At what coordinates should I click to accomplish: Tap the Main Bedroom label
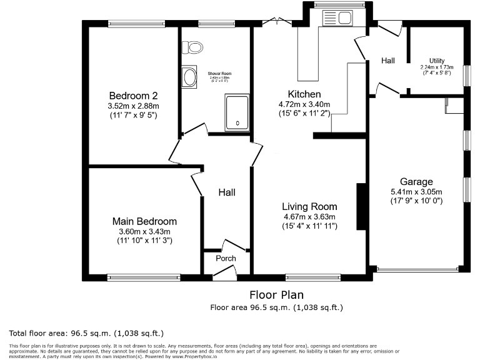(144, 221)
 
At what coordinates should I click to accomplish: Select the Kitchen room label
(304, 94)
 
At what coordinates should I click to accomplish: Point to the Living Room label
(309, 206)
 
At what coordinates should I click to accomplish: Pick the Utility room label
(437, 61)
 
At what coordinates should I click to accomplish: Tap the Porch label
(226, 258)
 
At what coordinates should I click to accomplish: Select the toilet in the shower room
(192, 47)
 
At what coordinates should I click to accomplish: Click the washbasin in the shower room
(189, 77)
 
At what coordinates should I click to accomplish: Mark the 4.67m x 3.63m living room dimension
(309, 217)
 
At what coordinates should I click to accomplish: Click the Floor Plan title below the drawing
(276, 294)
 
